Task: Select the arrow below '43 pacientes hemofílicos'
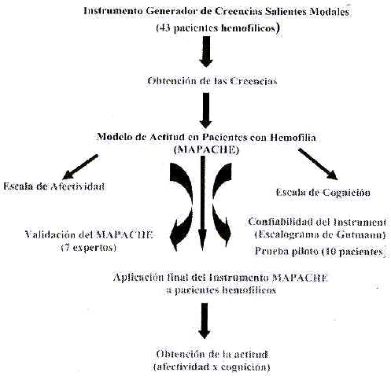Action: (x=206, y=51)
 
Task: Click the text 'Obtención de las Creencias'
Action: (x=212, y=81)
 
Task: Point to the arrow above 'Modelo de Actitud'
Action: (x=206, y=110)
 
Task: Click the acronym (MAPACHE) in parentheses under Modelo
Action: (x=206, y=150)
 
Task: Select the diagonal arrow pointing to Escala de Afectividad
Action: (x=80, y=167)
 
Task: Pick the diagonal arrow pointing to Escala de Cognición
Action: (x=318, y=164)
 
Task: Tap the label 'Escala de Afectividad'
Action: (x=54, y=186)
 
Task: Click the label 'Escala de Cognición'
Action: (x=323, y=193)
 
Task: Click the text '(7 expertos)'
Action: (x=88, y=248)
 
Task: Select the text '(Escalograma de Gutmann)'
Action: (x=320, y=234)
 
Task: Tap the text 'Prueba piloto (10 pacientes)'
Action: (x=320, y=252)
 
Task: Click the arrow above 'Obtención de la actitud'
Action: (x=205, y=321)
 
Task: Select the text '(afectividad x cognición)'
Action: (x=212, y=367)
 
